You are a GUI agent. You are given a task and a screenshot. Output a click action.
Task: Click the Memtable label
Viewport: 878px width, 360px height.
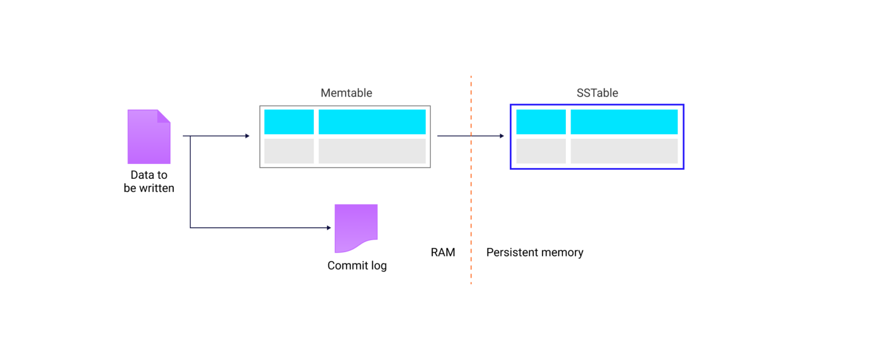[346, 93]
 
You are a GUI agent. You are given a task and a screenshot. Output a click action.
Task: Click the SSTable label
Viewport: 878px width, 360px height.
[597, 93]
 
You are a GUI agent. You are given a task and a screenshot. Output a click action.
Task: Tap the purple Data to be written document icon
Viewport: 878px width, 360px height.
[149, 137]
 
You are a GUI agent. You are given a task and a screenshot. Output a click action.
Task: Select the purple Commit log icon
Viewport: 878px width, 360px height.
[356, 227]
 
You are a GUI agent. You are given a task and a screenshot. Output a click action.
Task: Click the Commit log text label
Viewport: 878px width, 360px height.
[357, 266]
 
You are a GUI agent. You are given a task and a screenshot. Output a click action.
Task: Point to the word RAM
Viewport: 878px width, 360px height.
[443, 252]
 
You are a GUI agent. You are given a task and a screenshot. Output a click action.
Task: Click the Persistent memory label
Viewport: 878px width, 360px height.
[534, 252]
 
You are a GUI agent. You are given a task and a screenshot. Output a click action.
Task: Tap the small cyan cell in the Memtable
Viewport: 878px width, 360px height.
[289, 122]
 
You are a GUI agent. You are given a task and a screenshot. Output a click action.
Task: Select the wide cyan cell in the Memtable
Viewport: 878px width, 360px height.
[372, 122]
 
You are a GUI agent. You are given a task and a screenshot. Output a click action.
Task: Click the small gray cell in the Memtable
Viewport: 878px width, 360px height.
[289, 151]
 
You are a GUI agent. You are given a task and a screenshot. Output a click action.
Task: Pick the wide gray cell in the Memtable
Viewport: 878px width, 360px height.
[372, 151]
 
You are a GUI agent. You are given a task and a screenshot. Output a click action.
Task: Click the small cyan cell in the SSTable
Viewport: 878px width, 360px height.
[541, 122]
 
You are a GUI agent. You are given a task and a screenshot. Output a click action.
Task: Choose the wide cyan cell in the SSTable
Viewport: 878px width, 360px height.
[624, 122]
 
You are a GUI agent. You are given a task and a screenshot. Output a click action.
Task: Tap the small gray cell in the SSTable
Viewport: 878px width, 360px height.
[541, 151]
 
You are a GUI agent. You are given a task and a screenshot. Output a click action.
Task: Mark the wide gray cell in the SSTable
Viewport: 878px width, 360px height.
[624, 151]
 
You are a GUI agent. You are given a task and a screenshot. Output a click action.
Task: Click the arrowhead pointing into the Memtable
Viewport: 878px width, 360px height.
[247, 136]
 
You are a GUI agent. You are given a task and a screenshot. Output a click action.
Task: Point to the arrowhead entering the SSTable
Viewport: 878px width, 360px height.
[501, 136]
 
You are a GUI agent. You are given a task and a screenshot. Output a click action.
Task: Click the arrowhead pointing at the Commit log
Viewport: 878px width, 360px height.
[329, 227]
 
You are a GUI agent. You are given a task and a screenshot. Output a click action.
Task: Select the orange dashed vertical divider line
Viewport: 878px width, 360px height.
[471, 200]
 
